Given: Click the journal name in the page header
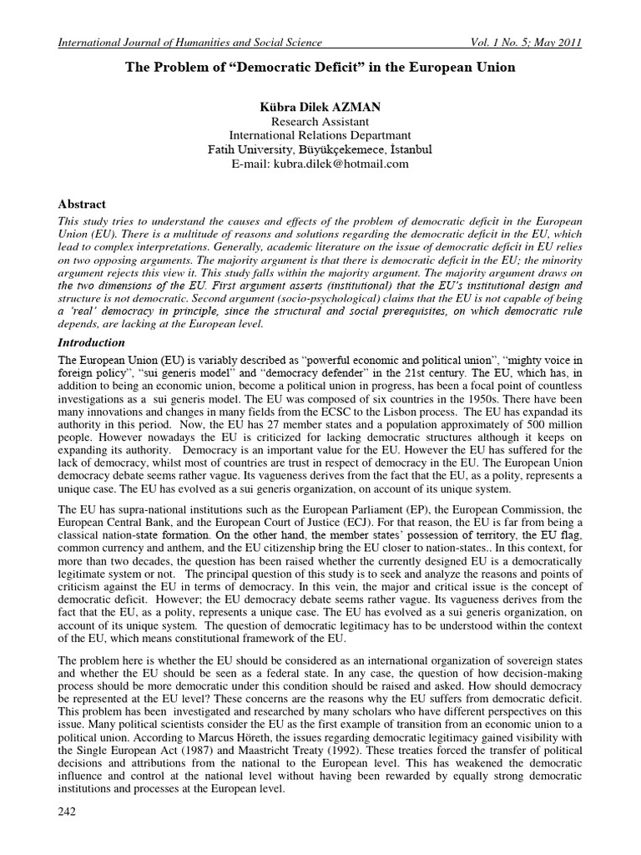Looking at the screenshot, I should coord(189,43).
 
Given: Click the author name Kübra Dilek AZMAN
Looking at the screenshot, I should coord(320,105).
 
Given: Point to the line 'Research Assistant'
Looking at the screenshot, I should coord(320,120).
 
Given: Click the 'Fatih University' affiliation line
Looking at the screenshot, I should coord(320,149).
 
